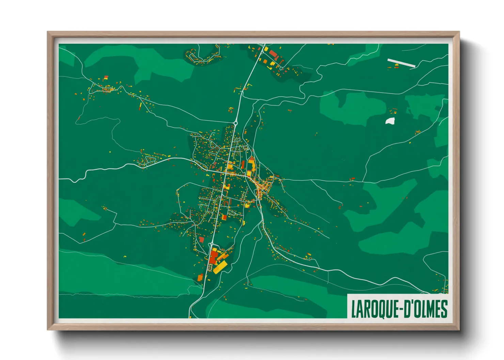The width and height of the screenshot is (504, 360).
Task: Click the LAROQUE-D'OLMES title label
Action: click(x=399, y=309)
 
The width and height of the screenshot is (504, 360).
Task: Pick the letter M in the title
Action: click(x=430, y=309)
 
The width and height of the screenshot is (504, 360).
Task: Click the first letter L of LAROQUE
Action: click(x=353, y=309)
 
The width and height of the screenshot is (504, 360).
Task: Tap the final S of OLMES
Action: click(x=444, y=309)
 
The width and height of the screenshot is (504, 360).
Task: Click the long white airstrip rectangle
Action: click(x=401, y=63)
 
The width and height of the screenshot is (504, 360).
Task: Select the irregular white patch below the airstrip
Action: click(x=390, y=121)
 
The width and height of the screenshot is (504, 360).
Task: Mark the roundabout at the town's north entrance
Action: click(x=235, y=122)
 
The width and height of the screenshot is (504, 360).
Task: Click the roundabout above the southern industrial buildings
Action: click(x=212, y=244)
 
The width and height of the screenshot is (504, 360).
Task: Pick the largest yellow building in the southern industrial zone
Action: click(x=220, y=267)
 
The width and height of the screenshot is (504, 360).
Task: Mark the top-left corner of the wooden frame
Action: click(x=48, y=32)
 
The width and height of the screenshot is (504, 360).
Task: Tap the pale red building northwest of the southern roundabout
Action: click(x=202, y=240)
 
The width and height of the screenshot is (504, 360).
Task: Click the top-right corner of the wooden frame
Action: click(x=459, y=32)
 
